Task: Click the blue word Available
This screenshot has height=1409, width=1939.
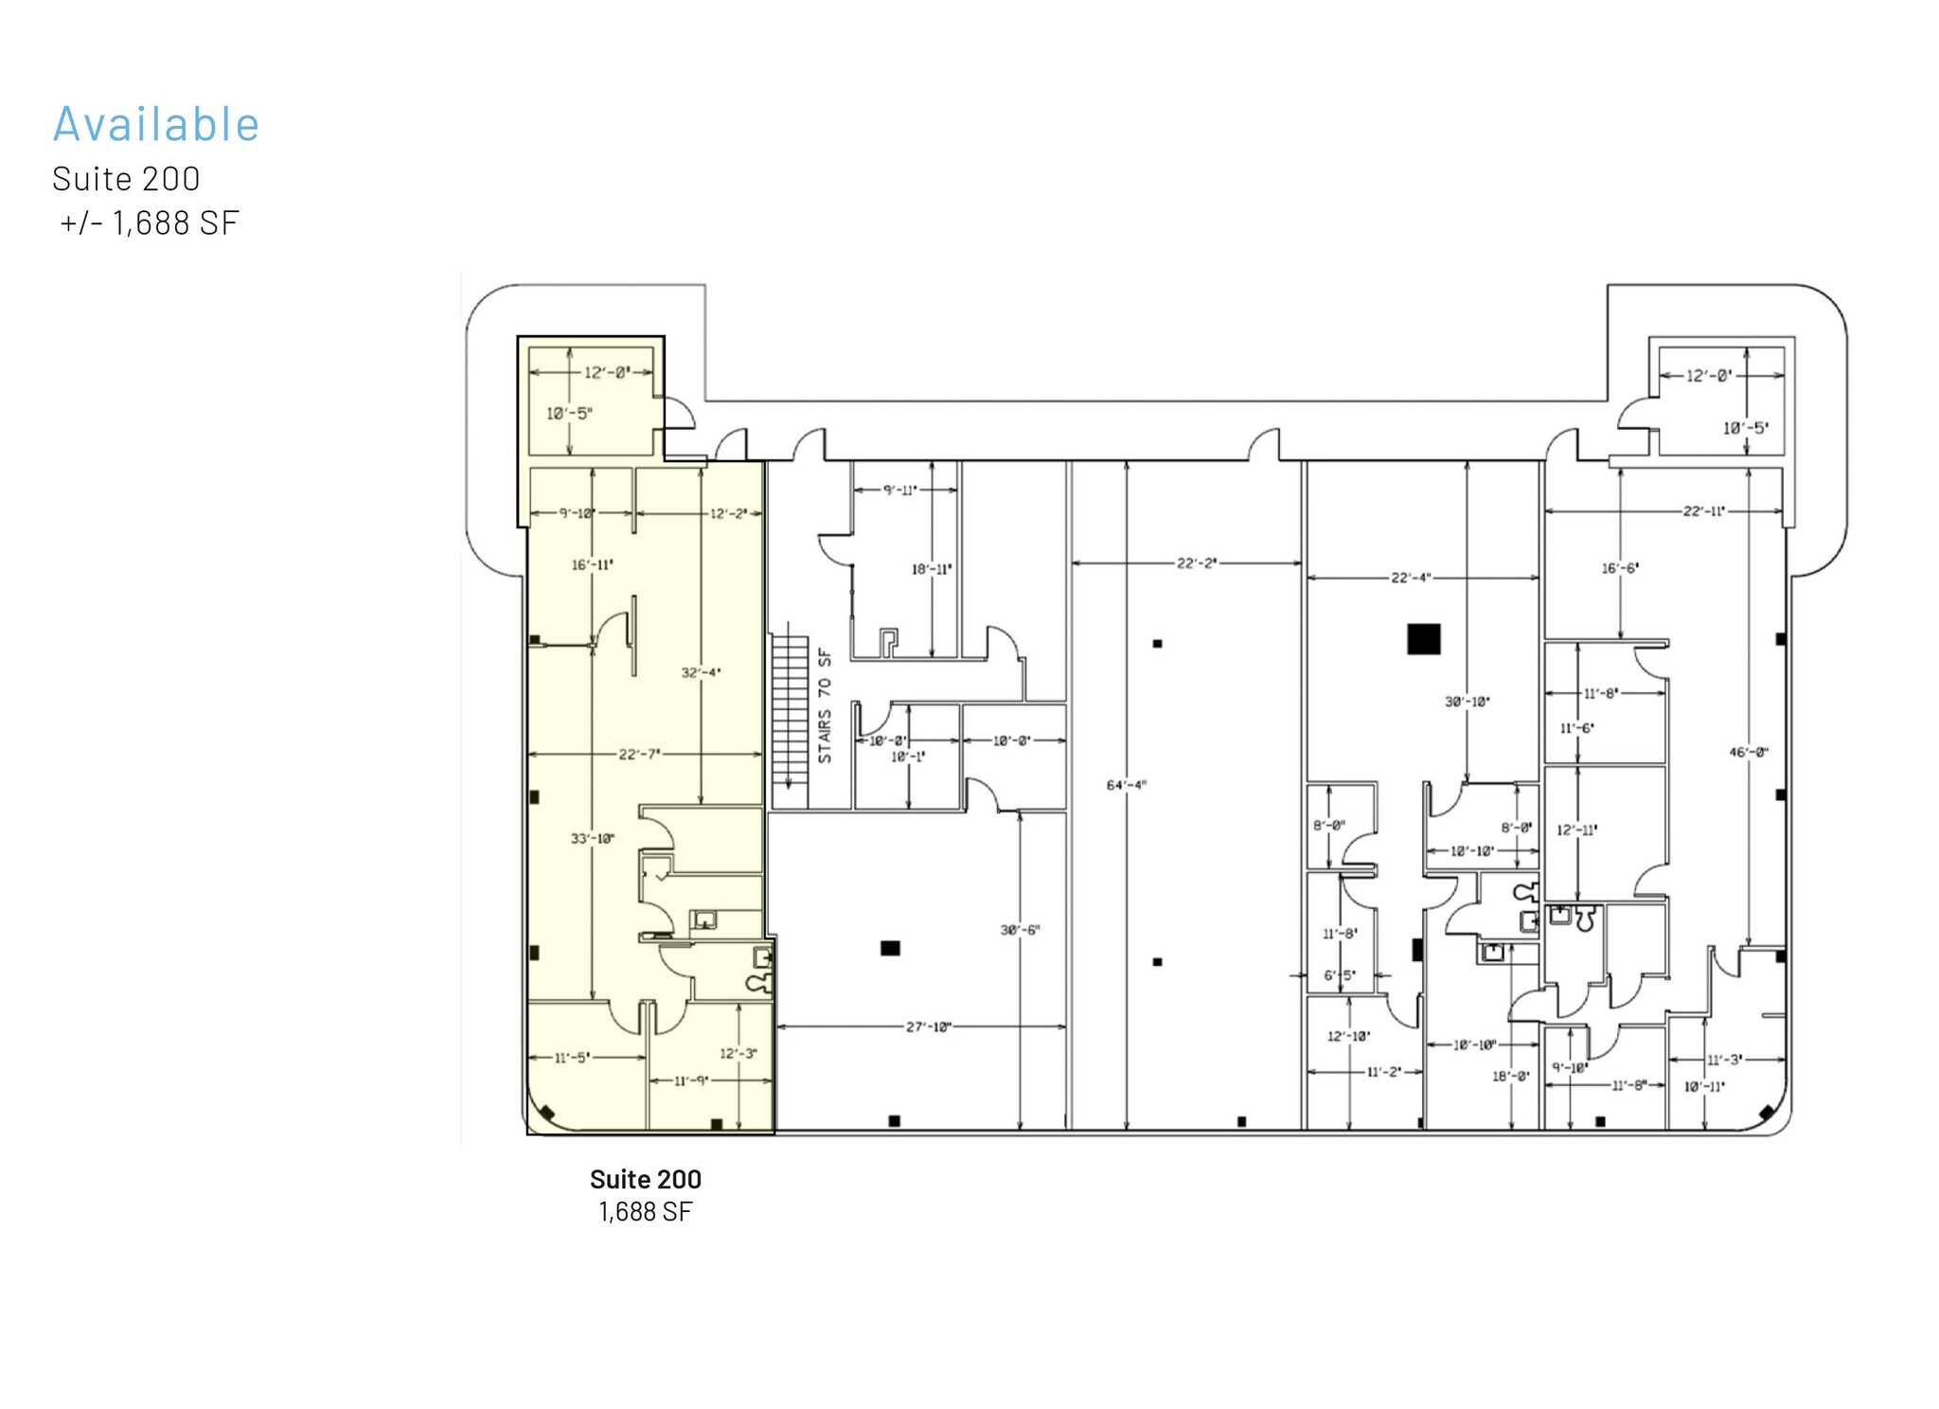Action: click(x=156, y=124)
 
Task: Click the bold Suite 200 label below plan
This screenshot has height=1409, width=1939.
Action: click(x=645, y=1180)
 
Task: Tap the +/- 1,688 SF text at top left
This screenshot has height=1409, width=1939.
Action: click(x=149, y=223)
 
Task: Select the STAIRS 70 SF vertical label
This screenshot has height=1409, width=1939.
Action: click(x=825, y=704)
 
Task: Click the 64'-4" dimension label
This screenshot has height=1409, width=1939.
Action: click(x=1127, y=785)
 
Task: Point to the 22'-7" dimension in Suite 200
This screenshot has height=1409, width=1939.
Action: click(x=639, y=754)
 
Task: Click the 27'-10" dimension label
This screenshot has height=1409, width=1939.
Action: click(x=928, y=1026)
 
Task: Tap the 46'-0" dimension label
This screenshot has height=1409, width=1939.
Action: click(x=1748, y=753)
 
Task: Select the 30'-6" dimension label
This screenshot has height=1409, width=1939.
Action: click(x=1020, y=930)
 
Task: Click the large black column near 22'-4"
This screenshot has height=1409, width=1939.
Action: click(x=1423, y=639)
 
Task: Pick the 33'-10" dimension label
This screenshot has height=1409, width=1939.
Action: click(x=593, y=838)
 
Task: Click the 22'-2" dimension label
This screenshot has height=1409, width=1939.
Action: click(x=1197, y=563)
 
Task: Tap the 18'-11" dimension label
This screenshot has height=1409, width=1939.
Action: click(x=932, y=569)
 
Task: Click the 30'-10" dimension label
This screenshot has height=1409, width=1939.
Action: click(x=1467, y=702)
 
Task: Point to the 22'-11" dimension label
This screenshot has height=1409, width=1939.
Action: click(x=1703, y=511)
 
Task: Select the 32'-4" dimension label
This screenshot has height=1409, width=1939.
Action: click(x=701, y=672)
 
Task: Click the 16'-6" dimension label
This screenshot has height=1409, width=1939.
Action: click(x=1620, y=568)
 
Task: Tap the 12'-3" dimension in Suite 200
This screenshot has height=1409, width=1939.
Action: click(x=738, y=1053)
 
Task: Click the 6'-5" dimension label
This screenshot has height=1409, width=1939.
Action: click(x=1339, y=975)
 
